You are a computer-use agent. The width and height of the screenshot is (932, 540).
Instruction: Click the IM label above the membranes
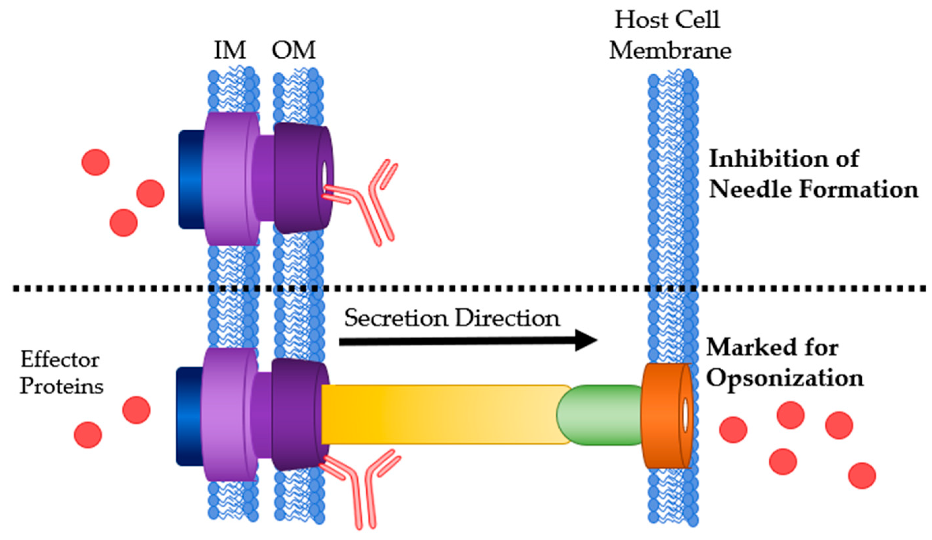tap(230, 51)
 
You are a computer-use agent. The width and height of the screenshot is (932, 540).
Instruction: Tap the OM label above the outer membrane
tap(294, 51)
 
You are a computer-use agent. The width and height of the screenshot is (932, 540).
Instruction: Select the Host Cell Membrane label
tap(669, 35)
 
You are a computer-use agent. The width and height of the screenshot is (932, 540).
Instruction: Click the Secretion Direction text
tap(452, 318)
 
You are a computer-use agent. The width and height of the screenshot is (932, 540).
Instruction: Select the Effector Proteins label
tap(61, 373)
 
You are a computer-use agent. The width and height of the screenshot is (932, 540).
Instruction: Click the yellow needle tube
tap(440, 414)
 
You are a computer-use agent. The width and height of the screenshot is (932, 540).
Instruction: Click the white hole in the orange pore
tap(685, 415)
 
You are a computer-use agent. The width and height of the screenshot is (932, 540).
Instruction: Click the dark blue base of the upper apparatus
tap(191, 179)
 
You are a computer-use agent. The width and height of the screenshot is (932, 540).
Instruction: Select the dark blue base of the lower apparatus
tap(189, 416)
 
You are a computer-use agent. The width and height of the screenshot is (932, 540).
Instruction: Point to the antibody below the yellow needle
tap(364, 488)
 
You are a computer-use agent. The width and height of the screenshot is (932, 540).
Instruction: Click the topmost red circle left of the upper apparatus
tap(95, 162)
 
